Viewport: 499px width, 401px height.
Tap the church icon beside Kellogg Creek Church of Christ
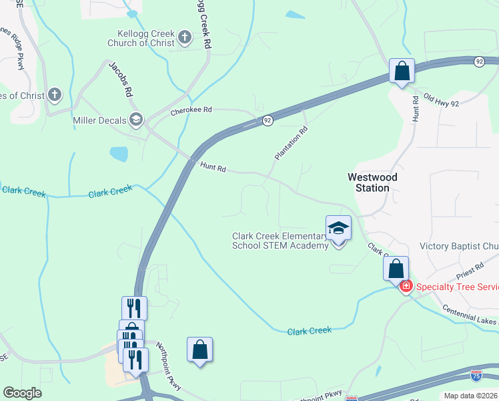185,39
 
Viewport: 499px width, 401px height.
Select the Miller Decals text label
99,120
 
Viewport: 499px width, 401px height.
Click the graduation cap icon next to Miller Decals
136,120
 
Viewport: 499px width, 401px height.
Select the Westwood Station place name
372,182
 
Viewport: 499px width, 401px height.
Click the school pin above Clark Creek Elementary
338,229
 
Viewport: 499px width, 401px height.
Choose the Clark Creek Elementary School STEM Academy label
280,241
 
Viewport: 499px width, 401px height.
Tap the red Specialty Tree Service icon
405,287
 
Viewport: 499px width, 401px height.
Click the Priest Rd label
471,271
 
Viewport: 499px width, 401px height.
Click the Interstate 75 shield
476,376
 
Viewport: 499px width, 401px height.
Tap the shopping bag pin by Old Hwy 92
402,71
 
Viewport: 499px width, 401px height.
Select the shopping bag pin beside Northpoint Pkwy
199,350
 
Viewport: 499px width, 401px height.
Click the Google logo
22,393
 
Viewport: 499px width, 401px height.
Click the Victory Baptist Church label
459,247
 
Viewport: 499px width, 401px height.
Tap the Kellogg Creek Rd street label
203,25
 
